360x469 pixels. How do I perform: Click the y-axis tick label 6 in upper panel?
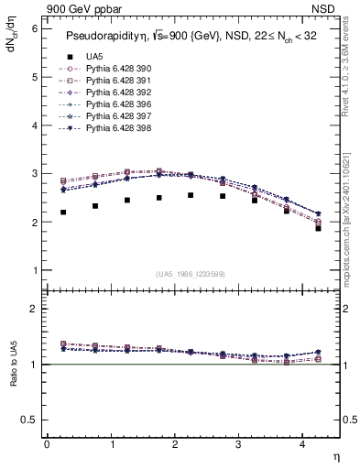[34, 28]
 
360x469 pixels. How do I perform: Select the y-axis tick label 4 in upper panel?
[34, 125]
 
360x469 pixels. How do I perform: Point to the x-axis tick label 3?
[238, 444]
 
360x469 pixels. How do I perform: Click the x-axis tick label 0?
[47, 444]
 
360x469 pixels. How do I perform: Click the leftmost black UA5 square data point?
[63, 213]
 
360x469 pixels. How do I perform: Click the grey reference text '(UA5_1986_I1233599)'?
[191, 275]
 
